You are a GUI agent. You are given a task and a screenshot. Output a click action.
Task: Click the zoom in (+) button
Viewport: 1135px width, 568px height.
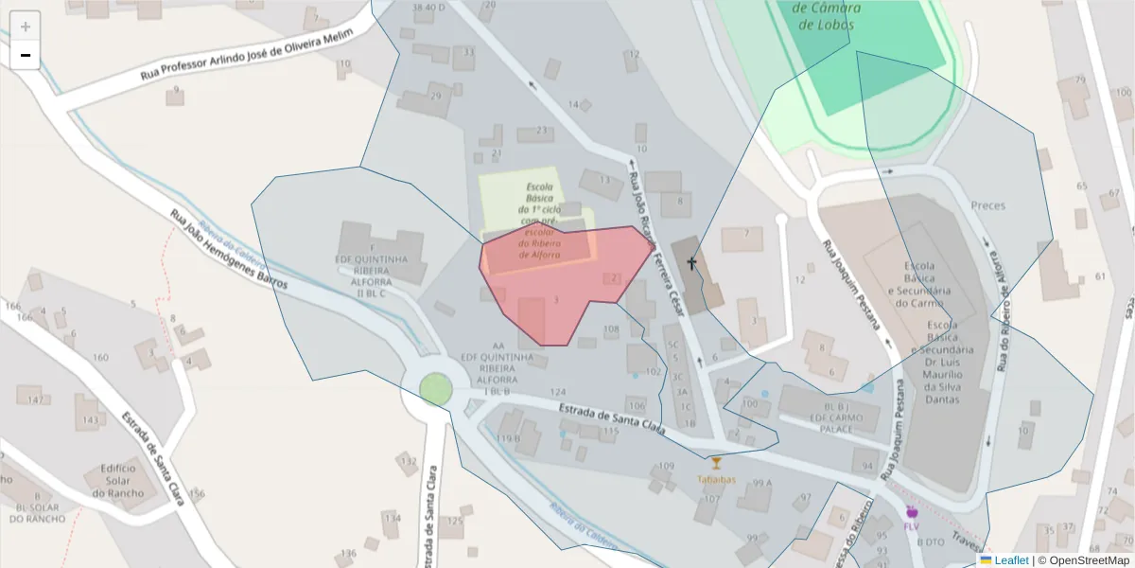pyautogui.click(x=26, y=27)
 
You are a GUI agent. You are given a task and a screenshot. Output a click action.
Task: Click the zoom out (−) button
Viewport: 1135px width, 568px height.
pyautogui.click(x=26, y=55)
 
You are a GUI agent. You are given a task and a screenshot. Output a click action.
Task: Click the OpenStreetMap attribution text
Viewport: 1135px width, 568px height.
pyautogui.click(x=1084, y=560)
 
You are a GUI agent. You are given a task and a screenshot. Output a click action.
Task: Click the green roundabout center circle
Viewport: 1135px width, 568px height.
pyautogui.click(x=436, y=388)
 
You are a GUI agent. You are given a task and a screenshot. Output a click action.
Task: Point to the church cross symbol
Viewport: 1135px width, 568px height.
pyautogui.click(x=691, y=262)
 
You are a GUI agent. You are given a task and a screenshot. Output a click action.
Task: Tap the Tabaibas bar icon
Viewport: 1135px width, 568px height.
pyautogui.click(x=716, y=463)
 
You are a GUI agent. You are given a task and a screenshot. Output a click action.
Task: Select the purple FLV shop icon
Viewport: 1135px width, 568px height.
pyautogui.click(x=912, y=512)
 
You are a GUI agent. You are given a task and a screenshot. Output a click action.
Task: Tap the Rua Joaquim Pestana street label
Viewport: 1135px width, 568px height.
pyautogui.click(x=857, y=293)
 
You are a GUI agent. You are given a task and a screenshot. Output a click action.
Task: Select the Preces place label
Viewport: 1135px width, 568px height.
pyautogui.click(x=988, y=205)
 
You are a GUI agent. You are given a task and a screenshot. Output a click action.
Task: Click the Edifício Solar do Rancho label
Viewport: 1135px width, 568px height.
pyautogui.click(x=118, y=481)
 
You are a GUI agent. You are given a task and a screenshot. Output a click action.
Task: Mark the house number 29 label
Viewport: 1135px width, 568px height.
pyautogui.click(x=435, y=97)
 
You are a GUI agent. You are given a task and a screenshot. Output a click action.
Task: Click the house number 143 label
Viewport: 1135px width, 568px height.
pyautogui.click(x=90, y=420)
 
